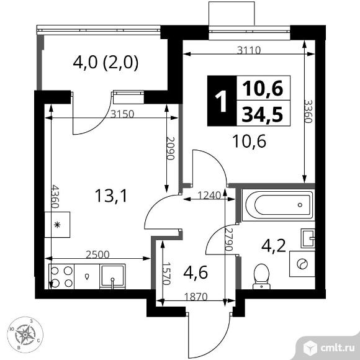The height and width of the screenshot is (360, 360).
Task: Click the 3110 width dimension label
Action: click(x=249, y=50)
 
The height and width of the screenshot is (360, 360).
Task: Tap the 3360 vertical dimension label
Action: click(x=308, y=111)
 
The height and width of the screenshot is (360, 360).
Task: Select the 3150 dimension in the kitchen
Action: click(x=122, y=114)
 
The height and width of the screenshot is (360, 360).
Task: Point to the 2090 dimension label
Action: click(x=171, y=148)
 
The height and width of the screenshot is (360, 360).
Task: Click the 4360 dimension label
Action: click(x=55, y=196)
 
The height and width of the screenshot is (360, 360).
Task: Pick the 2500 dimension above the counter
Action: click(x=97, y=254)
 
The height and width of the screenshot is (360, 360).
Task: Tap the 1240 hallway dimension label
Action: click(x=209, y=196)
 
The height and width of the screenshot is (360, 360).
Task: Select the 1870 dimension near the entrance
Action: click(x=196, y=297)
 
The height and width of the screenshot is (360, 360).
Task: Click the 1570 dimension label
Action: click(x=166, y=274)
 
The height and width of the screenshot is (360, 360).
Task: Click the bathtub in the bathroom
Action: click(x=278, y=205)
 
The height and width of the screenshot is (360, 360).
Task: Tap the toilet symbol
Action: click(x=261, y=276)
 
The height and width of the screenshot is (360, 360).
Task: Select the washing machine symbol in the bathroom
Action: click(x=302, y=264)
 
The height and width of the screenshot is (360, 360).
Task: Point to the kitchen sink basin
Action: click(x=112, y=276)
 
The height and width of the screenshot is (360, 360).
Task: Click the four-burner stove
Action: click(x=61, y=277)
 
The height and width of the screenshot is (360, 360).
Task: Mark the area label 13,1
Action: click(x=110, y=196)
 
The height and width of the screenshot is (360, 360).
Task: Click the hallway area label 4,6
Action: click(x=196, y=272)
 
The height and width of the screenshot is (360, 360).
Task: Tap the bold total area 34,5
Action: click(x=263, y=115)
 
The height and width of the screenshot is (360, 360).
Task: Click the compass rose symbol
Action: click(x=25, y=335)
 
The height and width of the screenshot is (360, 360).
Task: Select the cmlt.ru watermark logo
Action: click(x=330, y=348)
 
